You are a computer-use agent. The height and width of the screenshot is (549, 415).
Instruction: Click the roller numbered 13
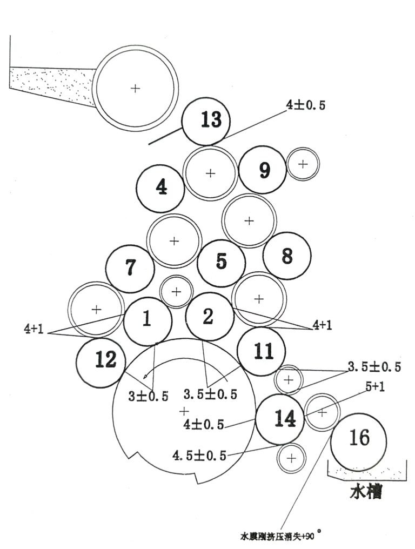[206, 121]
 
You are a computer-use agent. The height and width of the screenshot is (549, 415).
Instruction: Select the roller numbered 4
[160, 188]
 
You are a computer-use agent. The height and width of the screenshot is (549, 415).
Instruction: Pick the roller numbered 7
[130, 269]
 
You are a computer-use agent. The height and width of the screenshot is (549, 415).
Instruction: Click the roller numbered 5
[222, 263]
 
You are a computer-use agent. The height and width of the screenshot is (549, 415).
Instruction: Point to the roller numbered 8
[287, 256]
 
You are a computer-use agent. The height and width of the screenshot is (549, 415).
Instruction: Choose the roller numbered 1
[148, 321]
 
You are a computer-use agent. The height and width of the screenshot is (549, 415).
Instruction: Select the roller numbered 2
[210, 317]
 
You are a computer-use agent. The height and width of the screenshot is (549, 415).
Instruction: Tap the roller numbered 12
[101, 363]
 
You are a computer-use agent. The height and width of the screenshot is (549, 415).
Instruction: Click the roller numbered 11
[261, 351]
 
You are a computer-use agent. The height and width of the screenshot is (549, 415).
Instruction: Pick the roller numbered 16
[359, 440]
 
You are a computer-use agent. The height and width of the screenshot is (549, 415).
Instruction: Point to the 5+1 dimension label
[375, 387]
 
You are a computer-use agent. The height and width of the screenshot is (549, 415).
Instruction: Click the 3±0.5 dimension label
[148, 396]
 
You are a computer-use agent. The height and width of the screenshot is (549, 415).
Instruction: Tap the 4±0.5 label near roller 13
[306, 105]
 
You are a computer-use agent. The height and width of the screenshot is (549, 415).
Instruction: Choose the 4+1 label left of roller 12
[34, 329]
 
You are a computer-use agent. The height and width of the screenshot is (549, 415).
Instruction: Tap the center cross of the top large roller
[135, 88]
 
